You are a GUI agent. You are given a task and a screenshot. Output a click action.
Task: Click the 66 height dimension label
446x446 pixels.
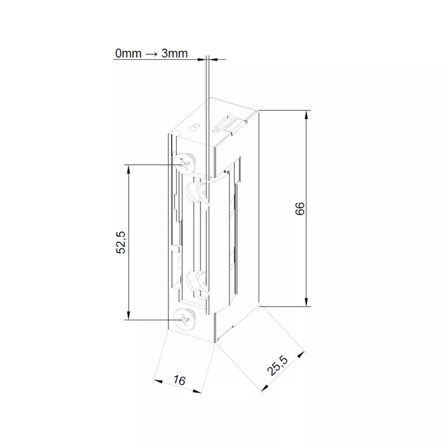300,209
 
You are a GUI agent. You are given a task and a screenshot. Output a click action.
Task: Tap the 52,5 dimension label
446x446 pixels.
121,243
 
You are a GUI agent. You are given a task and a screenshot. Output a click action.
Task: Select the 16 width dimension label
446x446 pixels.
179,380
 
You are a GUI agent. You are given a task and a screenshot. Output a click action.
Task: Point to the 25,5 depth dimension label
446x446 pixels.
278,365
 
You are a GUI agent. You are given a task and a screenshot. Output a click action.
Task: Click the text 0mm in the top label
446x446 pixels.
128,53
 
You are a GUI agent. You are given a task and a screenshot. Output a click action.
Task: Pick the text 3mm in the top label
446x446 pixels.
174,53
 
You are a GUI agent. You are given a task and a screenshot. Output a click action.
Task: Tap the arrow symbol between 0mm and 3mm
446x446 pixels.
151,53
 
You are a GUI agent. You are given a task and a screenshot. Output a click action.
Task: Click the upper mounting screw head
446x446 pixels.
184,164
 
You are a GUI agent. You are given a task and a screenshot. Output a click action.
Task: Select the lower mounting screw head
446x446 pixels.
184,320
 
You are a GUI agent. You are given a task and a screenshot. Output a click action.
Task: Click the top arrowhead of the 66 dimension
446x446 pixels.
307,115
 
